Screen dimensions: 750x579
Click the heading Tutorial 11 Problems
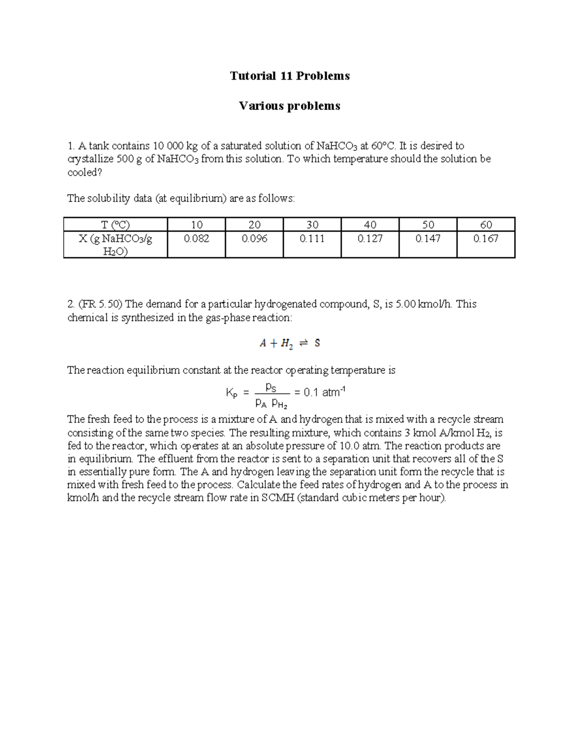[289, 76]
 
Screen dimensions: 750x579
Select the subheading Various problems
[289, 106]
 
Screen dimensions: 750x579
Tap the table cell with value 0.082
[196, 239]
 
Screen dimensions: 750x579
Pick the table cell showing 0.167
[486, 239]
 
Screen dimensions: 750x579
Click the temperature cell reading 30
[312, 225]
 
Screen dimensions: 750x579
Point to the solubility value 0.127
[370, 239]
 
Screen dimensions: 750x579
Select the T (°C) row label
[115, 225]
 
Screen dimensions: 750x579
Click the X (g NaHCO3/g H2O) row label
[115, 245]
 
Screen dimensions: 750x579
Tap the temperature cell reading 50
[428, 225]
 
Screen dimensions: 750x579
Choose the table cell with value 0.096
[254, 239]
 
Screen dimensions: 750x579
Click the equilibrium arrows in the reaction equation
[303, 343]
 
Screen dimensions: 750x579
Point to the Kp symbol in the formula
[232, 393]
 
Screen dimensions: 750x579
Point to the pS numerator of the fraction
[271, 387]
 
